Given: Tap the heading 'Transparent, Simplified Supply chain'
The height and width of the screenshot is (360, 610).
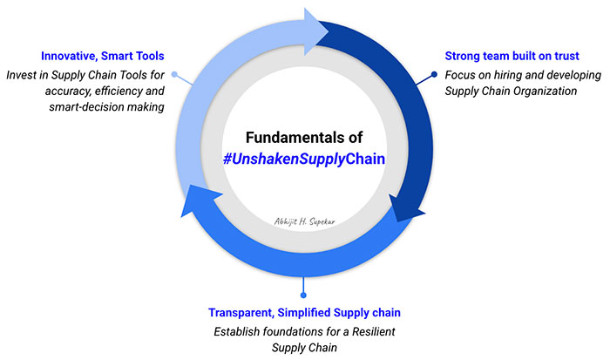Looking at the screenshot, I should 304,312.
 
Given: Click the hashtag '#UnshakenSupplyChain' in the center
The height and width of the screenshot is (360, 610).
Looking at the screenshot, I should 304,159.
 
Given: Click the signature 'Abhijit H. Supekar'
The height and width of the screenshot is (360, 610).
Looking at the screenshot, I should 305,223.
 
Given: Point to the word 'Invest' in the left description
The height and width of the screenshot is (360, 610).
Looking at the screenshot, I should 19,75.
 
